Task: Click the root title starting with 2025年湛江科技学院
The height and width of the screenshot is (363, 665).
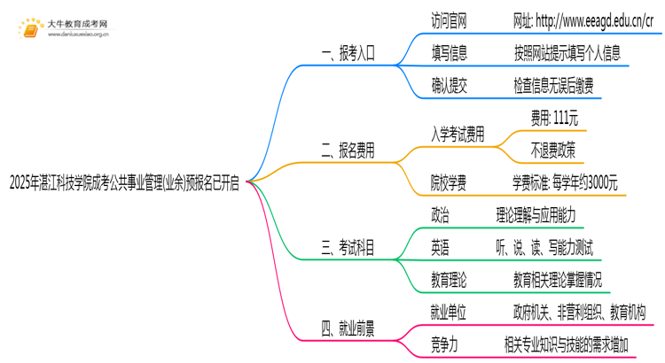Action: [x=123, y=182]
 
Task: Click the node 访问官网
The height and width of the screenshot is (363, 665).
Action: [x=448, y=20]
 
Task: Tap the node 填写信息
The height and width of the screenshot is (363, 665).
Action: [x=448, y=53]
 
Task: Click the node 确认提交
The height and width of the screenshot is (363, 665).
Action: [x=448, y=86]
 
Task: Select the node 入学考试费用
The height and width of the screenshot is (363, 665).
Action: [x=458, y=135]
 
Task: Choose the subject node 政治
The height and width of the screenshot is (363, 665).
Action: [x=440, y=214]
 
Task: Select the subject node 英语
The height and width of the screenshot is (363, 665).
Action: [x=440, y=247]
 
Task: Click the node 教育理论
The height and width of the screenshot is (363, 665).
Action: [x=448, y=280]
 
